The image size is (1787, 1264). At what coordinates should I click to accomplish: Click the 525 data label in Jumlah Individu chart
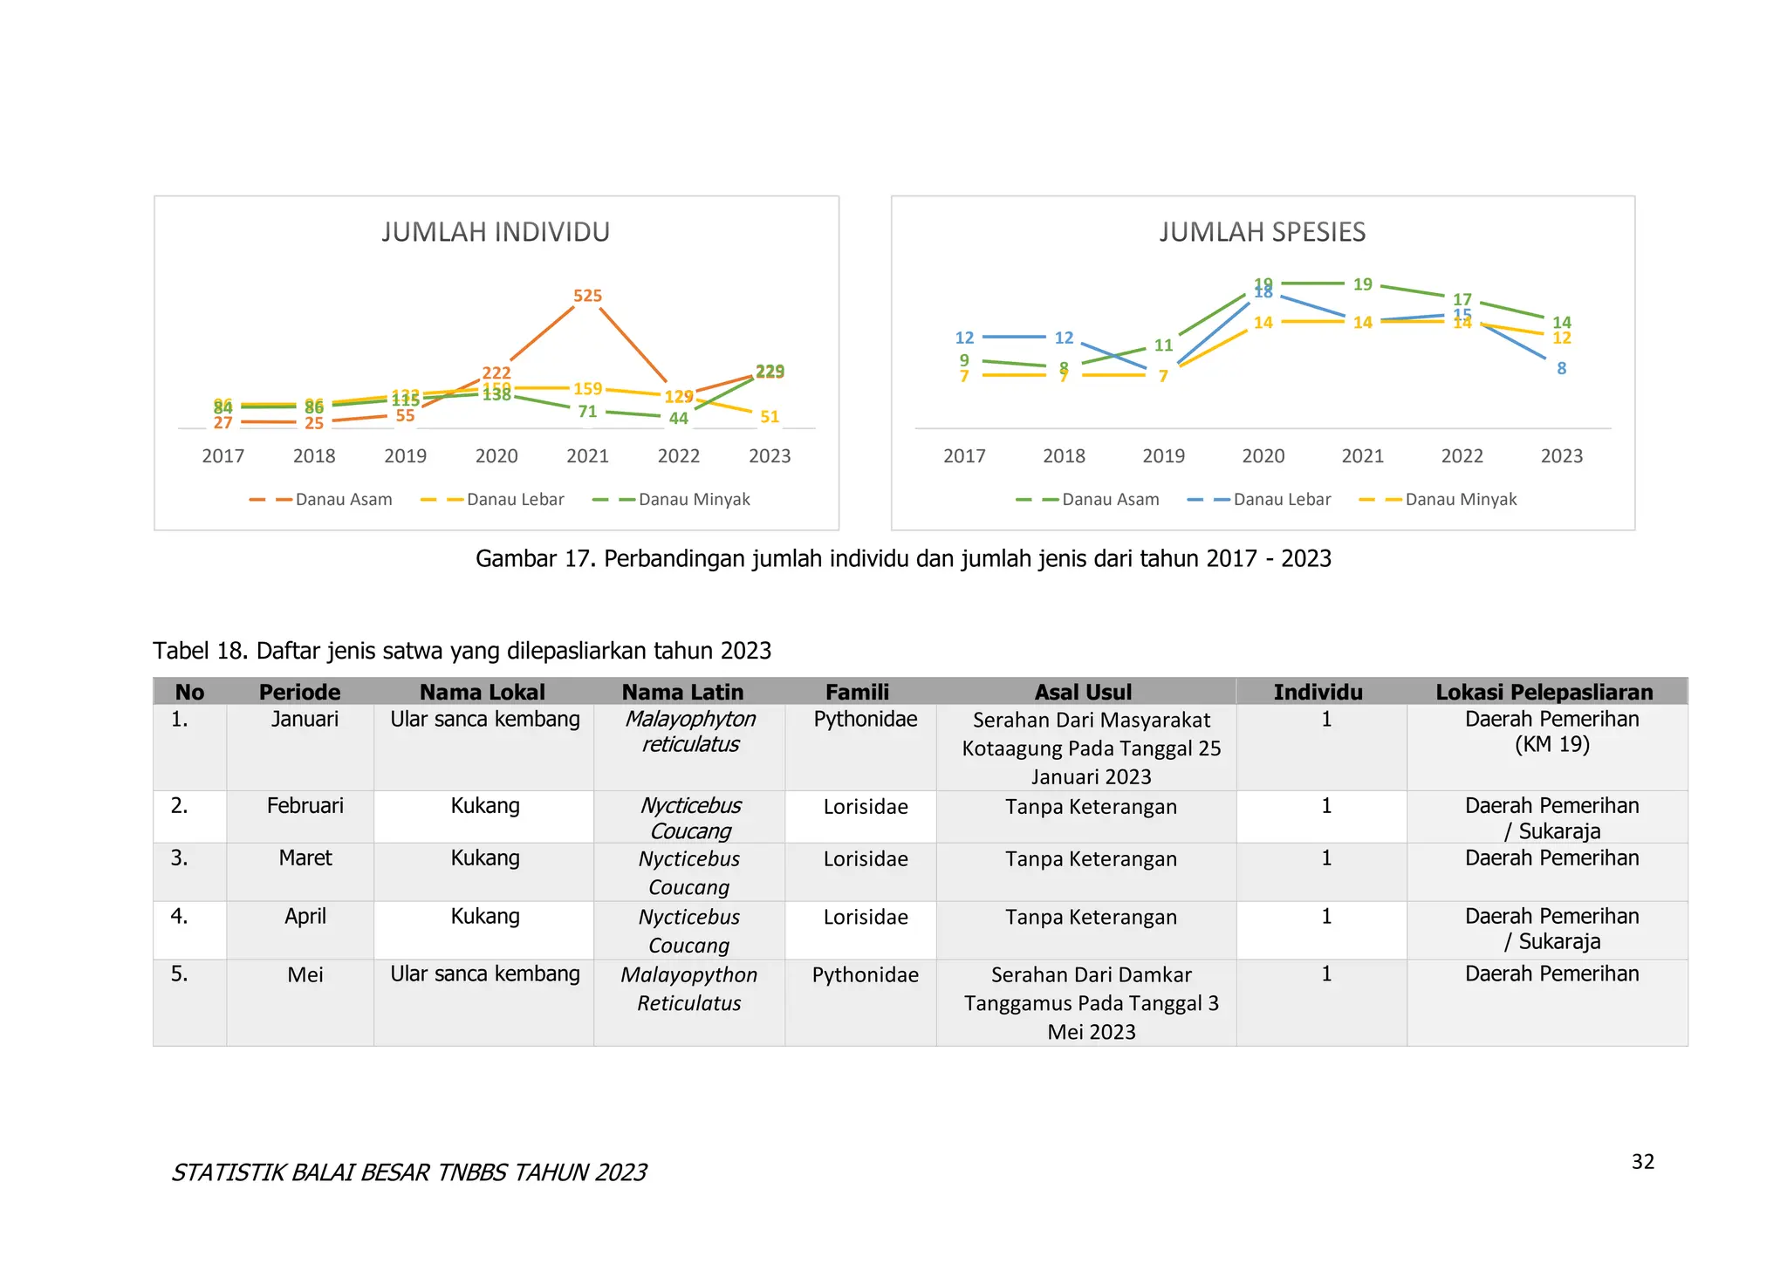pos(587,296)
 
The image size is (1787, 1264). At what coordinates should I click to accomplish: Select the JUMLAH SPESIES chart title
pos(1262,232)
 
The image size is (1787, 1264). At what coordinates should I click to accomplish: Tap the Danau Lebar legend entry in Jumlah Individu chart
pos(515,500)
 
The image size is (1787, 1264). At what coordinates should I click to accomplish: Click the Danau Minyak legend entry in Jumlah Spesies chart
pos(1460,500)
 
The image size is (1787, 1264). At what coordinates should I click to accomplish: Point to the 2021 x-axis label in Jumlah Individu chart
pos(587,456)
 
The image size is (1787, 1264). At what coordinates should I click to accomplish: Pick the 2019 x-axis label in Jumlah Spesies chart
pos(1163,456)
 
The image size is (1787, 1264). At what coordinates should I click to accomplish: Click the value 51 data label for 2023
pos(769,417)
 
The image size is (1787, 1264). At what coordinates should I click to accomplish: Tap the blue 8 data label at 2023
pos(1561,369)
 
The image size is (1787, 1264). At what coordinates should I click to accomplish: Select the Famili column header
pos(857,692)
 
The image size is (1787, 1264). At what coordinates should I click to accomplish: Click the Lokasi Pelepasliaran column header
pos(1544,692)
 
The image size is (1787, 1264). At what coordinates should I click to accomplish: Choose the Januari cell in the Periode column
pos(305,720)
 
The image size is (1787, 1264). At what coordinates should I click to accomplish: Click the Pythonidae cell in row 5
pos(865,974)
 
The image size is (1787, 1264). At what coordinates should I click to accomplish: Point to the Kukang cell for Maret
pos(484,858)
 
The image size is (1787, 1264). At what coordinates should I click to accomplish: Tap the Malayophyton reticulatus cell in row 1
pos(689,732)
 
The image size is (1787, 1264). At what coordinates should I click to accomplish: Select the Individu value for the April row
pos(1325,917)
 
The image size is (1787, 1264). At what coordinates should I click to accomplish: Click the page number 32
pos(1642,1162)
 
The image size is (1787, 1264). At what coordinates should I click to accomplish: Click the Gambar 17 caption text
pos(902,558)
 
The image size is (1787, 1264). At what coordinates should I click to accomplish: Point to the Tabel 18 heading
pos(462,651)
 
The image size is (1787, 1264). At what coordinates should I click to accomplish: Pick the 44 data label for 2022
pos(678,419)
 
